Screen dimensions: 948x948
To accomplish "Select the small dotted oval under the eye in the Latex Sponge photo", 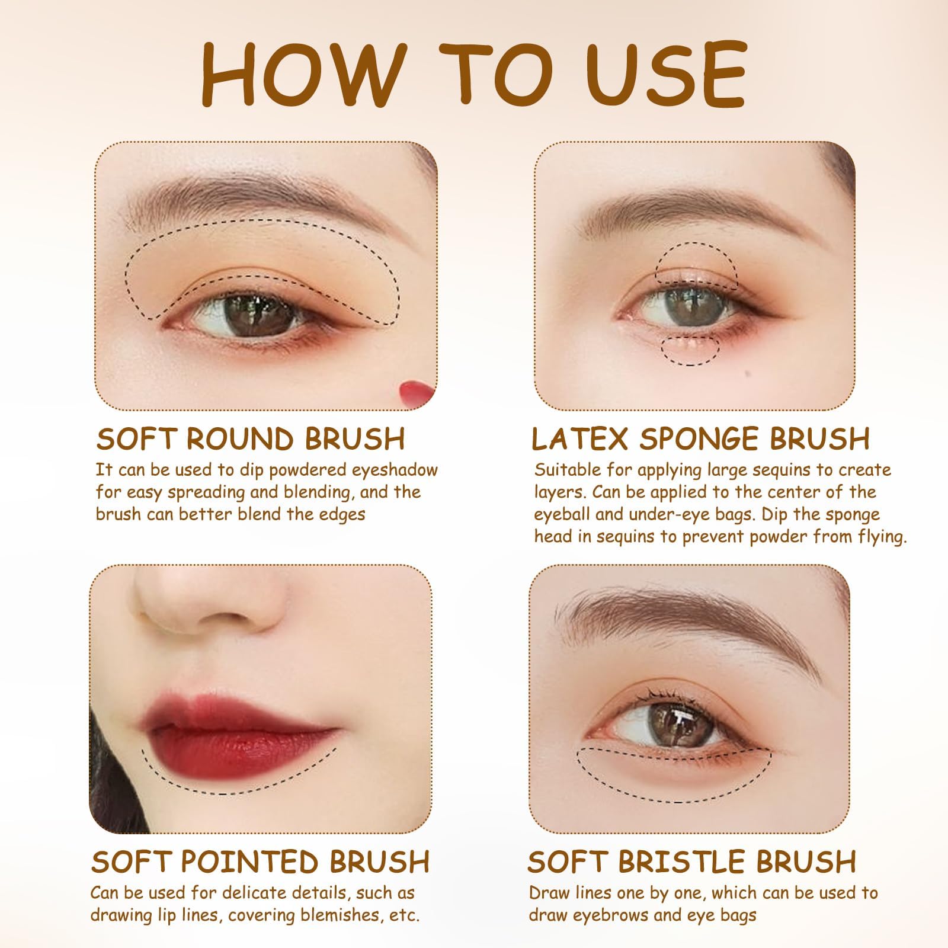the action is coord(690,348).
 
